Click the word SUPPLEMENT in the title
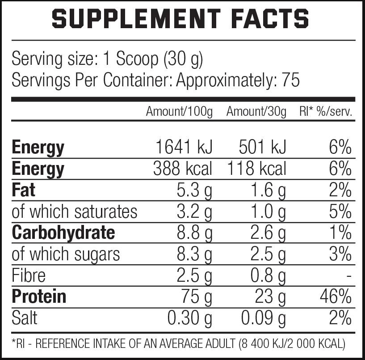point(134,19)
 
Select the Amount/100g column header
point(179,112)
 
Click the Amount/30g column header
point(256,112)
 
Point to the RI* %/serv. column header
point(326,112)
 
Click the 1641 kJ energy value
point(183,148)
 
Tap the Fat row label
point(23,191)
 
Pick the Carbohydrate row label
point(63,233)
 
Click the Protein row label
point(39,296)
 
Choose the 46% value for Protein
point(335,296)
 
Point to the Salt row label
point(25,318)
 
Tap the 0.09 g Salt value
point(263,318)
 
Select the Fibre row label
point(29,275)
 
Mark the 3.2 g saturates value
point(193,212)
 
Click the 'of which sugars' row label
point(66,254)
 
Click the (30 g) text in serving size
point(183,59)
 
